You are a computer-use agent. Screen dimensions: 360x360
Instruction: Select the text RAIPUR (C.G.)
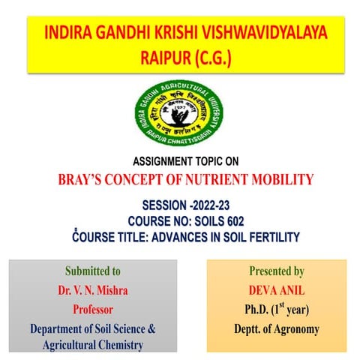pos(181,57)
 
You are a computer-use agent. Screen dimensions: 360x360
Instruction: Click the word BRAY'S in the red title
pos(82,179)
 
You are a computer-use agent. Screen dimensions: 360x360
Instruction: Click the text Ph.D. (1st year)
pos(277,309)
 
